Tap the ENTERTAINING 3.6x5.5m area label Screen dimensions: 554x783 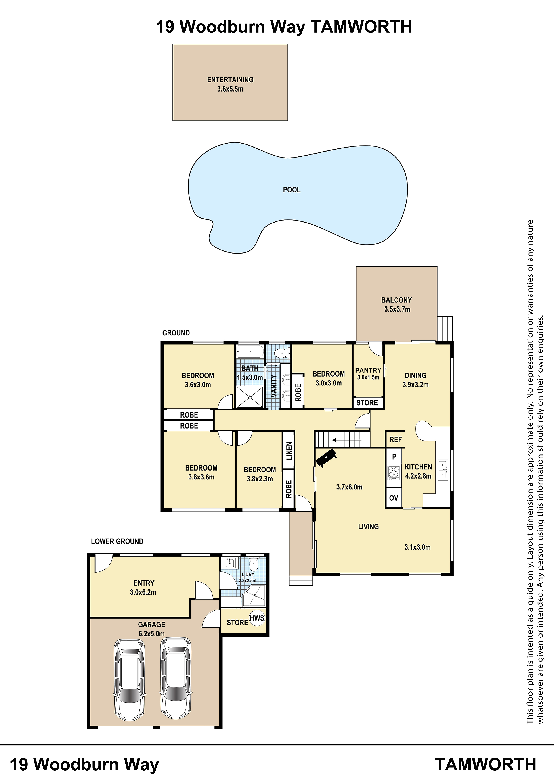tap(230, 84)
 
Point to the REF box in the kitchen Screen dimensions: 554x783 tap(395, 439)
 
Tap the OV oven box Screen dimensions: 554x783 tap(394, 498)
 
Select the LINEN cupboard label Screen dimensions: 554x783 tap(289, 451)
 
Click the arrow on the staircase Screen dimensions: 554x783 tap(347, 440)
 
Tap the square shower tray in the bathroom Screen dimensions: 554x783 tap(250, 397)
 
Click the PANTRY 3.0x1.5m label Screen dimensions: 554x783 tap(368, 373)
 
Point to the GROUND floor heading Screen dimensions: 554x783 tap(176, 333)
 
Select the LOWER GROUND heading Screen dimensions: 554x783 tap(117, 541)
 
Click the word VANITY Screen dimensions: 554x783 tap(273, 386)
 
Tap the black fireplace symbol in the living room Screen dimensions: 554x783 tap(326, 457)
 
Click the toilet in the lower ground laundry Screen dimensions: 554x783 tap(253, 565)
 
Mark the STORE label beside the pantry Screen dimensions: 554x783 tap(367, 403)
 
